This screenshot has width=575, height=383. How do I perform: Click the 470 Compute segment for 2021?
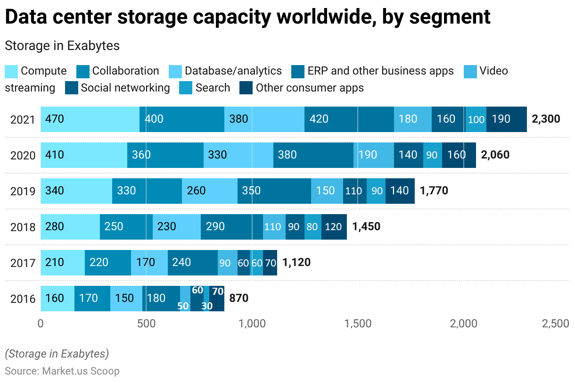coord(90,119)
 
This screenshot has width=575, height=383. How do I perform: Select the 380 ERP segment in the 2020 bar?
coord(313,155)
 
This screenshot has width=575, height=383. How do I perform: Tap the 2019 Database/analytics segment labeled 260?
coord(210,191)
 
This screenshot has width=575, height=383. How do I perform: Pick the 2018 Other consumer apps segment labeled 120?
coord(334,227)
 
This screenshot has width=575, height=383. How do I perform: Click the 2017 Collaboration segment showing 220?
coord(108,262)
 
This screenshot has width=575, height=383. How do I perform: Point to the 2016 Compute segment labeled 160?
coord(57,298)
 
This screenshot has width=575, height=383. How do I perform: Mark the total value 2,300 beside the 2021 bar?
coord(546,119)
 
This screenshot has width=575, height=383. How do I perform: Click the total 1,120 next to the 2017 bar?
coord(296,262)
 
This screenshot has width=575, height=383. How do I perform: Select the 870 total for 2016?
coord(238,298)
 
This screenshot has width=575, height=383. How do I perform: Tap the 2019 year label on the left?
coord(23,191)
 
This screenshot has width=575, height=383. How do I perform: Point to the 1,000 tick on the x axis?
coord(252,324)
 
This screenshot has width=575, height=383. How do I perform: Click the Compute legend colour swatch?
coord(11,71)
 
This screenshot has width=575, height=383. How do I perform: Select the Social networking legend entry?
coord(125,88)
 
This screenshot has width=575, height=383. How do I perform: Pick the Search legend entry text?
coord(213,88)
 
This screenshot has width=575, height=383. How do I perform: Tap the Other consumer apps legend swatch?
coord(246,88)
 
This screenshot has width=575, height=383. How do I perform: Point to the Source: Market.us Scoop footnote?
coord(62,371)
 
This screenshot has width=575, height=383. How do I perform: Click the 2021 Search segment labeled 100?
coord(476,119)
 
